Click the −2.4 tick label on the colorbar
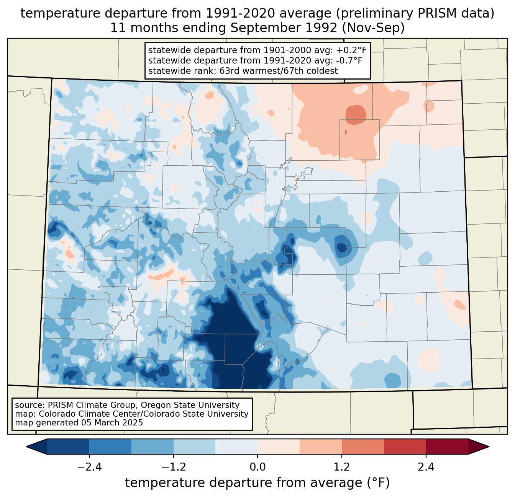(89, 467)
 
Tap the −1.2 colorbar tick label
(173, 467)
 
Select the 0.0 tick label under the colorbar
(257, 467)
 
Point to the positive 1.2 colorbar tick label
(342, 467)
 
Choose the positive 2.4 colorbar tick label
(426, 467)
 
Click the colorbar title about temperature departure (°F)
(257, 483)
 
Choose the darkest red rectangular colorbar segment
(447, 446)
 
